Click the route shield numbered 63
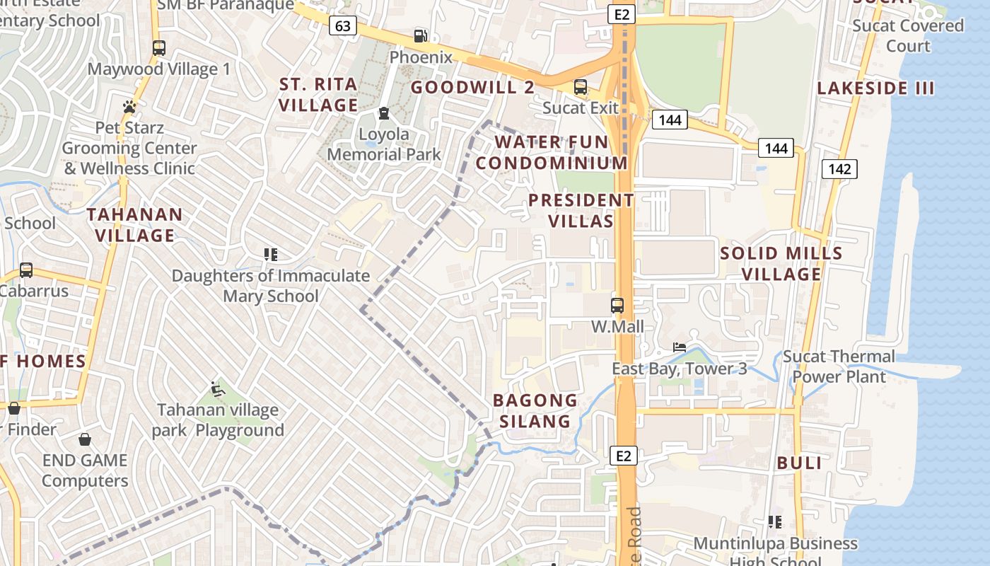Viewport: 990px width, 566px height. point(342,26)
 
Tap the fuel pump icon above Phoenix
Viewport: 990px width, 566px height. point(420,35)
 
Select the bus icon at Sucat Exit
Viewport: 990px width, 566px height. point(581,87)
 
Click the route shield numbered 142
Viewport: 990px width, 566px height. point(839,168)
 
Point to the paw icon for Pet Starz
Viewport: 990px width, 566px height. point(129,107)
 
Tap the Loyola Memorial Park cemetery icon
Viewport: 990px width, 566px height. point(383,113)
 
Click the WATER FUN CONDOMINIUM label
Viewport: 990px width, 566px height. point(552,152)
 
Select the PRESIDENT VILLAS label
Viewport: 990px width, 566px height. point(581,210)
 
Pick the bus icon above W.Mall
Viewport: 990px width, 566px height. point(617,306)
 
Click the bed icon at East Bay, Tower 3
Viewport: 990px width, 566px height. point(680,347)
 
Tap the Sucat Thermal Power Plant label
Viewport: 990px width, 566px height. point(839,366)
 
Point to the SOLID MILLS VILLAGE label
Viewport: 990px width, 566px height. point(781,263)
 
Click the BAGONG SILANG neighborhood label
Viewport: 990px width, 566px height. point(535,410)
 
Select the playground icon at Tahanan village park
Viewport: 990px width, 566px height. point(218,389)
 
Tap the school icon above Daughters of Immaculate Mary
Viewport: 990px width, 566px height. point(270,254)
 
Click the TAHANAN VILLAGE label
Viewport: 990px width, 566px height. point(134,224)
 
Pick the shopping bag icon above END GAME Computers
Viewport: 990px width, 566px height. point(85,439)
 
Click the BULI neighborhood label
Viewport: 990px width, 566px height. point(799,463)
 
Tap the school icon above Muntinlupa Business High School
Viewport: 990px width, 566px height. point(775,522)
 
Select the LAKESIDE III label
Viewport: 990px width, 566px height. point(875,88)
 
